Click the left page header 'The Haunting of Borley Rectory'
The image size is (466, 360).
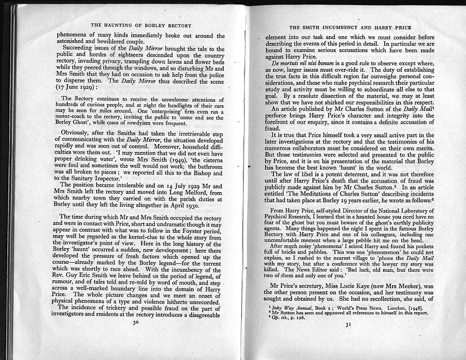[141, 25]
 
